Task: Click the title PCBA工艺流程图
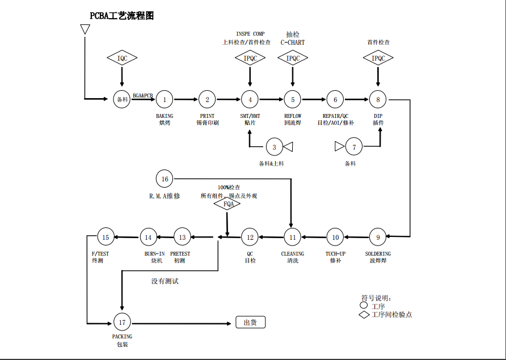[x=122, y=16]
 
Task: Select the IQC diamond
[x=122, y=58]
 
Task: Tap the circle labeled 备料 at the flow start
[x=122, y=99]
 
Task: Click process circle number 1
[x=165, y=99]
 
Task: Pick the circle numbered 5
[x=293, y=99]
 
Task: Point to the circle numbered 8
[x=378, y=99]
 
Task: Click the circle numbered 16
[x=165, y=179]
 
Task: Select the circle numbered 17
[x=122, y=322]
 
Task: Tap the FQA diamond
[x=227, y=204]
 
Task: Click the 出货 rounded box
[x=250, y=322]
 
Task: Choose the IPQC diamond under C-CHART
[x=293, y=58]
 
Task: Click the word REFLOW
[x=293, y=116]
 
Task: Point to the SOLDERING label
[x=378, y=253]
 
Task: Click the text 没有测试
[x=165, y=281]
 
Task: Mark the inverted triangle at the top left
[x=85, y=28]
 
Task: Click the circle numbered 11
[x=293, y=237]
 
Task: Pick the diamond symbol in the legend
[x=364, y=315]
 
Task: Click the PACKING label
[x=122, y=336]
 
